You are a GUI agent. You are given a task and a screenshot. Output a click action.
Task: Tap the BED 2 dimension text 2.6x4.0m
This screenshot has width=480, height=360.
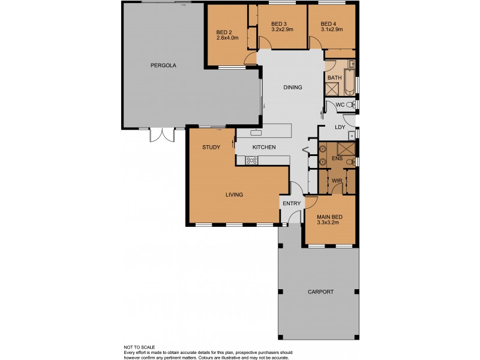[227, 38]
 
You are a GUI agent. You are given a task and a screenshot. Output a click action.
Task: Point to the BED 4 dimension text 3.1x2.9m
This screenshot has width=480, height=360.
[331, 29]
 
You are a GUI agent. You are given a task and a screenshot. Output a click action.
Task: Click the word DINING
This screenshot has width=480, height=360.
[293, 88]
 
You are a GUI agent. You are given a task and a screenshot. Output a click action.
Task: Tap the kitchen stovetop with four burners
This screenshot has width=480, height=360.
[251, 160]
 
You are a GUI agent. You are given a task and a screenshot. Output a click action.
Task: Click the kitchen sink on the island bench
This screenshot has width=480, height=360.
[257, 130]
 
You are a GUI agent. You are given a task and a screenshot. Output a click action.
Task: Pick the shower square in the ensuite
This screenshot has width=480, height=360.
[346, 149]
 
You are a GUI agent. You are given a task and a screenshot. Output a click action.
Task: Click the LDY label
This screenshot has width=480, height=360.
[340, 127]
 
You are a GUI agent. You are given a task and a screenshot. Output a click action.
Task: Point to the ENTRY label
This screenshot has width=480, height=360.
[292, 203]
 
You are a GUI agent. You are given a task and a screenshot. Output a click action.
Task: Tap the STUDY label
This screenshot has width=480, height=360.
[211, 147]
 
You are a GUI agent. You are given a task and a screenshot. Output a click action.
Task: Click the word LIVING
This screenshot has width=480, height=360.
[234, 194]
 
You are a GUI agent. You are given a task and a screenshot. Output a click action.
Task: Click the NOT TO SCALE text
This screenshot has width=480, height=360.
[140, 347]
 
